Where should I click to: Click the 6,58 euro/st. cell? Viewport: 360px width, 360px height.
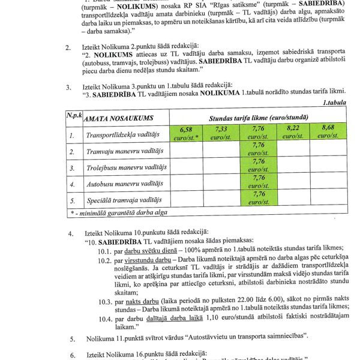(185, 132)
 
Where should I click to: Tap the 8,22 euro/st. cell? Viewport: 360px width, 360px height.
(293, 132)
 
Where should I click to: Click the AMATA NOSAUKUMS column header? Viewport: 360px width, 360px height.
(119, 119)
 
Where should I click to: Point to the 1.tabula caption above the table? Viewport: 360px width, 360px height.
(334, 103)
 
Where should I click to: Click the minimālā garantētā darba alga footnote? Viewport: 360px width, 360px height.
(121, 212)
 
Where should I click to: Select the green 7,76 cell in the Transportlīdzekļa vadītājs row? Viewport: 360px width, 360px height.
(259, 132)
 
